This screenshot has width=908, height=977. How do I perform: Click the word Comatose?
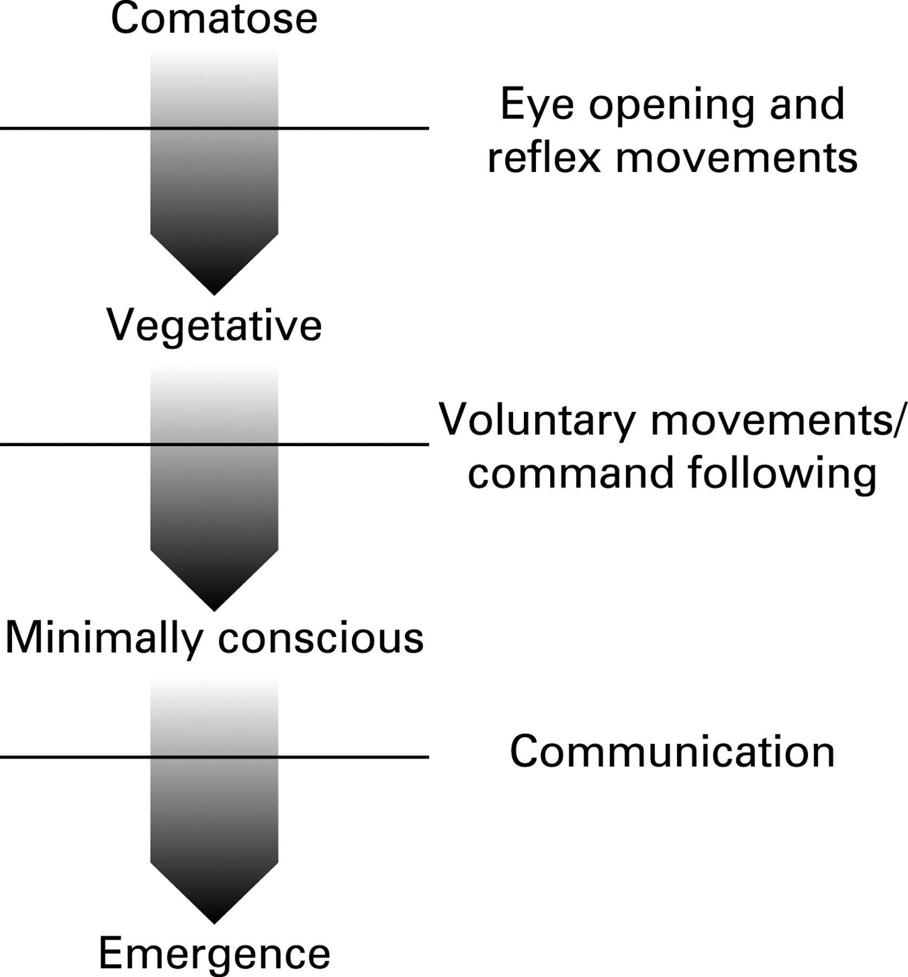click(x=214, y=20)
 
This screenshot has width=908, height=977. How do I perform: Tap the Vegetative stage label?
click(x=214, y=326)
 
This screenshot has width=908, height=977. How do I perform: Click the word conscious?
click(x=321, y=638)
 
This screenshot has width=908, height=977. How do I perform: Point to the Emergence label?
click(x=214, y=954)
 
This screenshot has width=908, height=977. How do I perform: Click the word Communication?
click(x=672, y=752)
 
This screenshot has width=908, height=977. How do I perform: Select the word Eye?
click(x=536, y=105)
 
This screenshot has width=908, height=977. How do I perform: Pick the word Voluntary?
click(x=536, y=420)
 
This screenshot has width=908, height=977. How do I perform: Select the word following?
click(x=782, y=473)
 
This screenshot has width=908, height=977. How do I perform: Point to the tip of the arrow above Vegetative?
click(x=214, y=293)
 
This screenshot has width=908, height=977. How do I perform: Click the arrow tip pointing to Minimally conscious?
click(x=214, y=609)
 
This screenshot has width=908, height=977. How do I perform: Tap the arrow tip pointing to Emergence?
click(x=214, y=922)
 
